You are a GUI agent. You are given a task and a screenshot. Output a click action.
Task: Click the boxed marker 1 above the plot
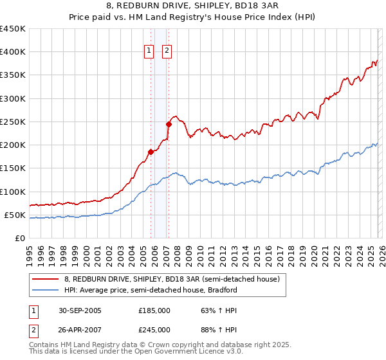pos(149,51)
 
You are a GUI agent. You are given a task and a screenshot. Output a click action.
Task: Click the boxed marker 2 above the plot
pos(167,51)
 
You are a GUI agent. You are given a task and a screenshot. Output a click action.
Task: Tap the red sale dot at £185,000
pos(151,152)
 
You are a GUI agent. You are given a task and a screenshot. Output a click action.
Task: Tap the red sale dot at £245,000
pos(169,124)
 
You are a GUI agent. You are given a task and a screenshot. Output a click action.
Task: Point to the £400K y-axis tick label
pos(13,52)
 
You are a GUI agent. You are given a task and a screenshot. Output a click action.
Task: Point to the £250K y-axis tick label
pos(13,122)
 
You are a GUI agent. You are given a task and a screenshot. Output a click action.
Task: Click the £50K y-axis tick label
pos(15,215)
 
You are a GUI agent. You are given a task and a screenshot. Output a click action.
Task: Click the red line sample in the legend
pos(46,280)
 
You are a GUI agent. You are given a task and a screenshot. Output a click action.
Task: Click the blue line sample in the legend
pos(46,290)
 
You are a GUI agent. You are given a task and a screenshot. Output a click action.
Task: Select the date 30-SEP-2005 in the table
pos(80,310)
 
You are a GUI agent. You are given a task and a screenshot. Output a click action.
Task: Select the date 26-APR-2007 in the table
pos(80,329)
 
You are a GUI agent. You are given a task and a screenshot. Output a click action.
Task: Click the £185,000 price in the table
pos(154,310)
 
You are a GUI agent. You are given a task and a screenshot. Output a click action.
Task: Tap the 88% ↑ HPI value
pos(210,329)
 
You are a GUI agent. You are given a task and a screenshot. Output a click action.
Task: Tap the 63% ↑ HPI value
pos(210,310)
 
